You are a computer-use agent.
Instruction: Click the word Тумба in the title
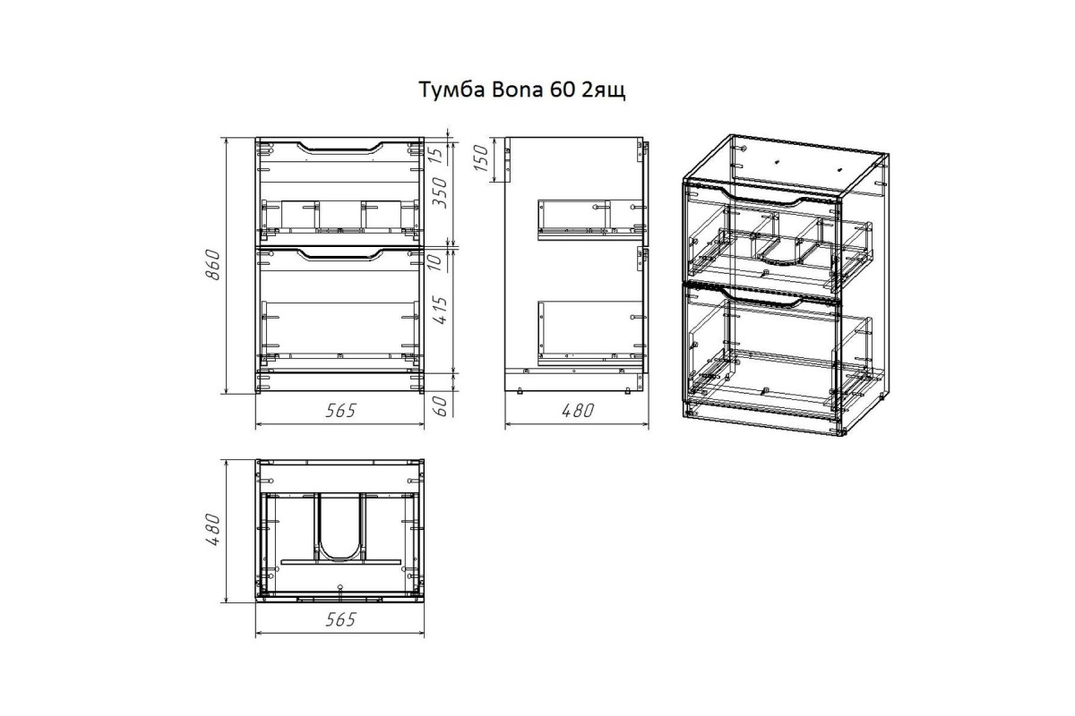(451, 89)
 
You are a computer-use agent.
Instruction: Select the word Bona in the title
(517, 89)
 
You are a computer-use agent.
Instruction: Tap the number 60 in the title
(562, 89)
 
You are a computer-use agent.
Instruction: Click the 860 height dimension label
(212, 265)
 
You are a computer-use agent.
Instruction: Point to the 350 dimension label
(440, 192)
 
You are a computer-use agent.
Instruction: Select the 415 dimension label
(440, 311)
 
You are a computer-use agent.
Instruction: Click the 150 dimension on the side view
(481, 158)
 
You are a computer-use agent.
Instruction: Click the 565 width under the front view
(340, 411)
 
